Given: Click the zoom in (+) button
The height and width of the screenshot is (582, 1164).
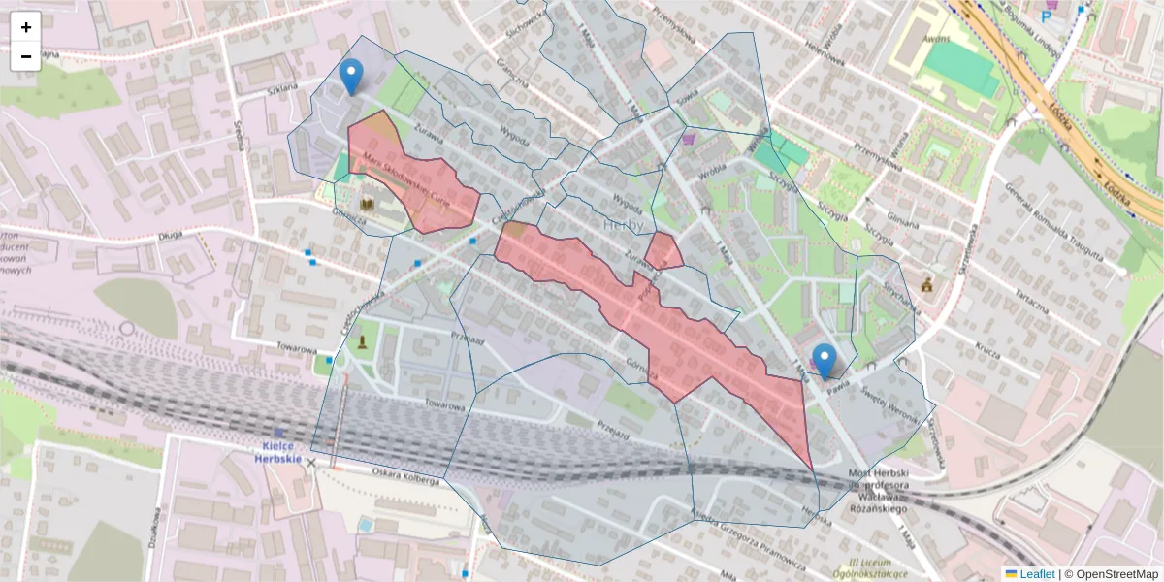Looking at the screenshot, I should click(26, 27).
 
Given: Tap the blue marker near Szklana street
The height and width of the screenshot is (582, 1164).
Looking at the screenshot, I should click(351, 76).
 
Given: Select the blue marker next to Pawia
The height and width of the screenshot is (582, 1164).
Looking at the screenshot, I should click(824, 361).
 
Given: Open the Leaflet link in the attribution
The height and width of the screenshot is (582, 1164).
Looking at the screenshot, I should click(1029, 573).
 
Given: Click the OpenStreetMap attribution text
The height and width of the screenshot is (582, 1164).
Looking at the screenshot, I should click(1113, 573).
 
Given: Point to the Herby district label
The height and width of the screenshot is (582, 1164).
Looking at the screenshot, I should click(624, 225).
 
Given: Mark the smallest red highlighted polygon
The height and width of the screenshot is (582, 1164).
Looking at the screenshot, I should click(663, 251).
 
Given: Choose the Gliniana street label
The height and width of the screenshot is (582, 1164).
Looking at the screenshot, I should click(902, 226).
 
